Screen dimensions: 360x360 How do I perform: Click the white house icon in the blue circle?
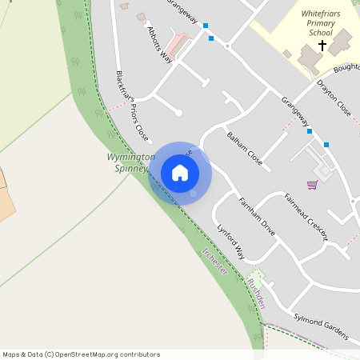(x=180, y=173)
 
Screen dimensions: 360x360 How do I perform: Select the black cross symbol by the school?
(x=322, y=46)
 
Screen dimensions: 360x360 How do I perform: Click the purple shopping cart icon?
(x=312, y=185)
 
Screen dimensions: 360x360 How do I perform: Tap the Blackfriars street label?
(x=122, y=86)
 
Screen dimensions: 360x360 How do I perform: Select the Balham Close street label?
(x=245, y=146)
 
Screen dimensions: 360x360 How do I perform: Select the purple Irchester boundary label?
(x=215, y=262)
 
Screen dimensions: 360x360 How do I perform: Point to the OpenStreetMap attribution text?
(x=80, y=354)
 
